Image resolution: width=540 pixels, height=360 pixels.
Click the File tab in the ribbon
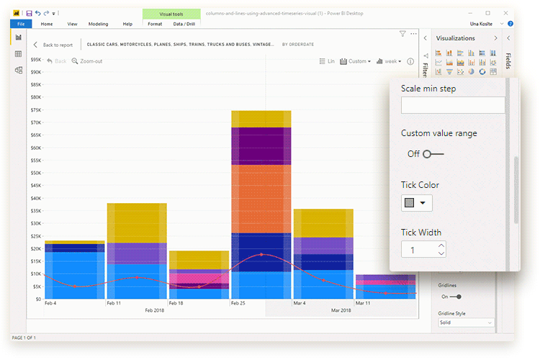pyautogui.click(x=20, y=24)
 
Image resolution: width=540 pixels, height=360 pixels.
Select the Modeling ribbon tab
pyautogui.click(x=98, y=24)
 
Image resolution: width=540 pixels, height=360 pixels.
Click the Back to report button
pyautogui.click(x=53, y=45)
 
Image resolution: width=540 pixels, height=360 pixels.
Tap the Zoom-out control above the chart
pyautogui.click(x=87, y=61)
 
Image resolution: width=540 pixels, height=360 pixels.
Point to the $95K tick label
pyautogui.click(x=35, y=71)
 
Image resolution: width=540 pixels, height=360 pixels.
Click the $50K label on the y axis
pyautogui.click(x=35, y=185)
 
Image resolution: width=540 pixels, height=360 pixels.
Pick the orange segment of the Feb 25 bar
pyautogui.click(x=261, y=198)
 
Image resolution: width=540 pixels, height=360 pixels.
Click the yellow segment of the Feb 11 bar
pyautogui.click(x=136, y=222)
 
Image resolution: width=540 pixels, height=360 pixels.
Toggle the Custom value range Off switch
pyautogui.click(x=433, y=154)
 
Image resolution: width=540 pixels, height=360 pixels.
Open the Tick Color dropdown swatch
pyautogui.click(x=416, y=203)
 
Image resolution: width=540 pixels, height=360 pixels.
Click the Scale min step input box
pyautogui.click(x=452, y=105)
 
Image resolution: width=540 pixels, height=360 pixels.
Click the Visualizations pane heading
pyautogui.click(x=455, y=38)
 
